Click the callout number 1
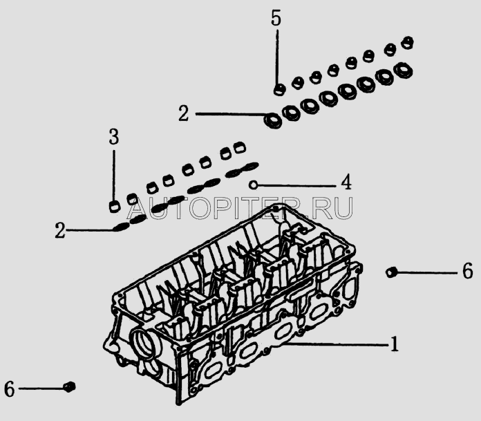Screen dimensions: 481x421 395,344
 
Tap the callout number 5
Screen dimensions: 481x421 276,18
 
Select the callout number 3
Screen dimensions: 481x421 114,137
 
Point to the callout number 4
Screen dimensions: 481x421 346,182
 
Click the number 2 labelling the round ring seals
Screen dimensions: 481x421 183,113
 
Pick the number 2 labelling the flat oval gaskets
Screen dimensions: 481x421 60,230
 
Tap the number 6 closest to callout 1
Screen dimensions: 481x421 467,271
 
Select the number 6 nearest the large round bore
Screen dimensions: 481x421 9,389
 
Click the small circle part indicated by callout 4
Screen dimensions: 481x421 253,185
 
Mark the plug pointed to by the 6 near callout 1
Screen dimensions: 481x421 391,272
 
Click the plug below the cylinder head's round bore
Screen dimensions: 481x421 70,386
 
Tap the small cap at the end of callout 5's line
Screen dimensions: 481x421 279,90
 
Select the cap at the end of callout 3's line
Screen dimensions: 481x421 115,207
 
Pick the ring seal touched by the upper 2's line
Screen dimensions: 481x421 273,120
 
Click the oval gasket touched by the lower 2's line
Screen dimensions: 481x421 122,227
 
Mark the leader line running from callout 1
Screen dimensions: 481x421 336,345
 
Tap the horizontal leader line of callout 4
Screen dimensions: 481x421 297,185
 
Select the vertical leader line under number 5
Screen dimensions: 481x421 277,57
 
